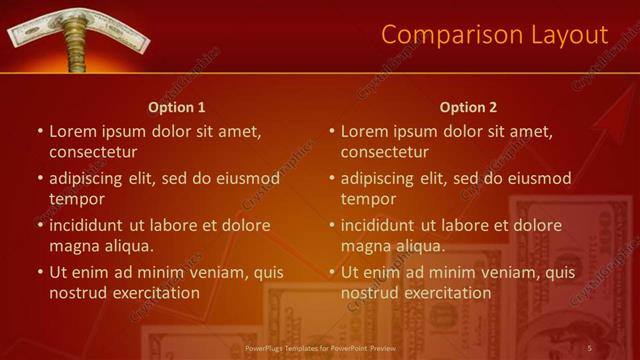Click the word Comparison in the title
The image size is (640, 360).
446,35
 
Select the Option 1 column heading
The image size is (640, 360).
177,107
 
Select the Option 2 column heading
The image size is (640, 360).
468,107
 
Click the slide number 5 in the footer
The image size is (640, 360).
590,348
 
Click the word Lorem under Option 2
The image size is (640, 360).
364,131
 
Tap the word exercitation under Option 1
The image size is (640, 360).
152,293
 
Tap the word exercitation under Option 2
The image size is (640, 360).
444,293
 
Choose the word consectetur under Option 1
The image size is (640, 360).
93,152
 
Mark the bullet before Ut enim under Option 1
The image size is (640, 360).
40,272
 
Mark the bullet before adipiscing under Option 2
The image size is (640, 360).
332,179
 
